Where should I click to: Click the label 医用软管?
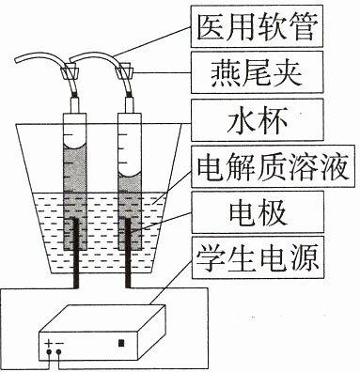point(257,28)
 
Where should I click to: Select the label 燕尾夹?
point(257,73)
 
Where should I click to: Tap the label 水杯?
point(257,120)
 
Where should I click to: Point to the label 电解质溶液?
point(273,166)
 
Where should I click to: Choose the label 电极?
point(257,212)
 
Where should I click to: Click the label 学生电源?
point(257,258)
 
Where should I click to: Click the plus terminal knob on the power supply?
point(49,353)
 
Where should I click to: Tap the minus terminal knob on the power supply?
point(58,353)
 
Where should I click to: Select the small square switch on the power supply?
point(121,343)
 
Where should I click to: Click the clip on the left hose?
point(70,71)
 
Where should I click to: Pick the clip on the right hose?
point(124,71)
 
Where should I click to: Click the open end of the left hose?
point(16,62)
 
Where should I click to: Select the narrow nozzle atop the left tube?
point(75,105)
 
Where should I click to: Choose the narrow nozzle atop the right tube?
point(130,105)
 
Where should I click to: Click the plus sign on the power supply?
point(48,344)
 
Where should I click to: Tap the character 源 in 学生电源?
point(304,258)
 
